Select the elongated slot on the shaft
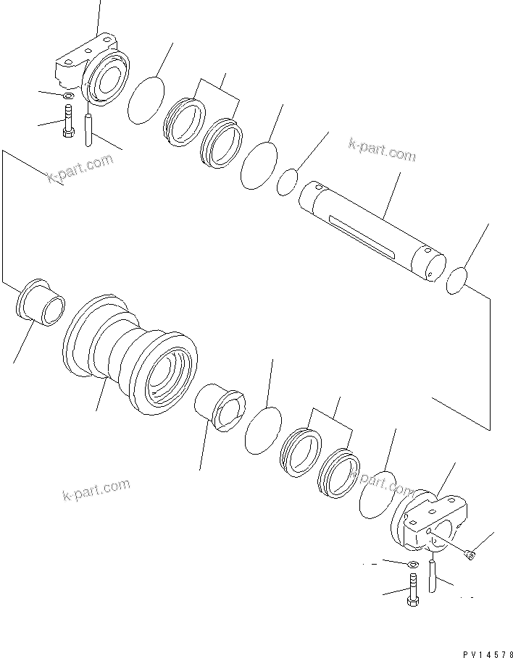point(361,235)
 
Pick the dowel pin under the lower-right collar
point(433,575)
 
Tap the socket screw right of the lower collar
point(467,554)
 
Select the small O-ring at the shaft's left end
point(286,182)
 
